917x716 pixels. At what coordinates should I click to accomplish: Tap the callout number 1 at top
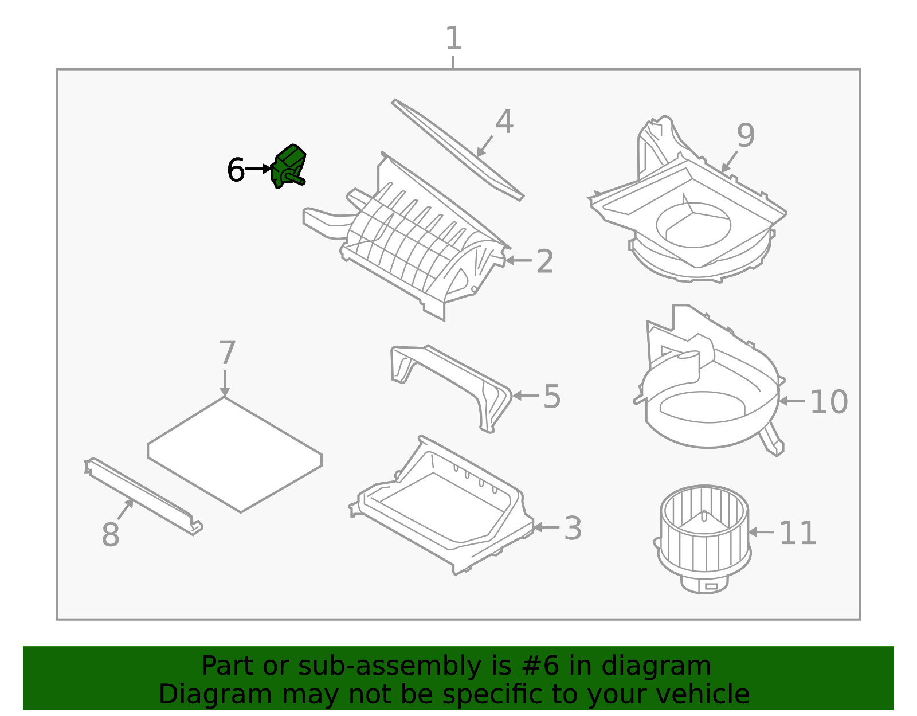pos(453,39)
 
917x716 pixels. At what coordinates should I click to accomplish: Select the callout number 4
pos(504,122)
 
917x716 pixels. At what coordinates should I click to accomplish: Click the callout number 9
pos(746,136)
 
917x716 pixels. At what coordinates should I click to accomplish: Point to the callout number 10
pos(828,402)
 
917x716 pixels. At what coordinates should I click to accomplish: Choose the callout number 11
pos(797,534)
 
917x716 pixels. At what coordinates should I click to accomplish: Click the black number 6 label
pos(236,170)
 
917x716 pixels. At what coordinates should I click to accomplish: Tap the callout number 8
pos(110,535)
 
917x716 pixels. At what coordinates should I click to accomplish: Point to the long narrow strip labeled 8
pos(143,496)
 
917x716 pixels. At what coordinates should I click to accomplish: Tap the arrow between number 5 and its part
pos(525,396)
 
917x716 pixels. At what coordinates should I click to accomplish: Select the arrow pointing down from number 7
pos(225,383)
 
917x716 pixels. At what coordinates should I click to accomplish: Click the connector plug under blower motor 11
pos(711,586)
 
